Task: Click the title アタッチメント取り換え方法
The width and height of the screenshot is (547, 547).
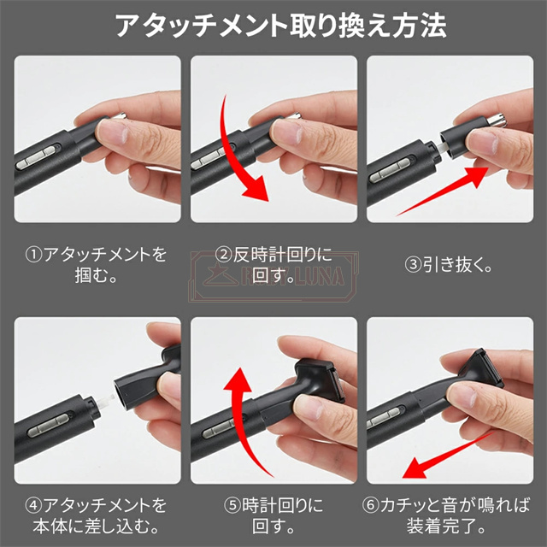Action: pos(281,26)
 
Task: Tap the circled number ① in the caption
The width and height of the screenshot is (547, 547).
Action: pos(33,255)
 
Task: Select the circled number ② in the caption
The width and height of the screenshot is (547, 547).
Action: pos(224,255)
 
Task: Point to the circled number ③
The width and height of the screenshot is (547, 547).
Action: pos(413,265)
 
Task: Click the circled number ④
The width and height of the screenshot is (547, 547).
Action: pos(33,505)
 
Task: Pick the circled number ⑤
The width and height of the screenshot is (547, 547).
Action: pos(232,505)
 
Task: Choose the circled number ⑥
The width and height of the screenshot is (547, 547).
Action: pos(370,505)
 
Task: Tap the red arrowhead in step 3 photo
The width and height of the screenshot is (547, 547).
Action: pos(477,177)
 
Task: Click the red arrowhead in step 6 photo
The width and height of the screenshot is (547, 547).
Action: pos(415,468)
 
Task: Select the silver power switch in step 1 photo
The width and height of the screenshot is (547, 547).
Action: pos(36,157)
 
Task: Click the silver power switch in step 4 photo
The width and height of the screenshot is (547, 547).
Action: pos(48,426)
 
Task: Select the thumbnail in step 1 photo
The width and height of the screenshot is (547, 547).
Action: pos(112,132)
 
